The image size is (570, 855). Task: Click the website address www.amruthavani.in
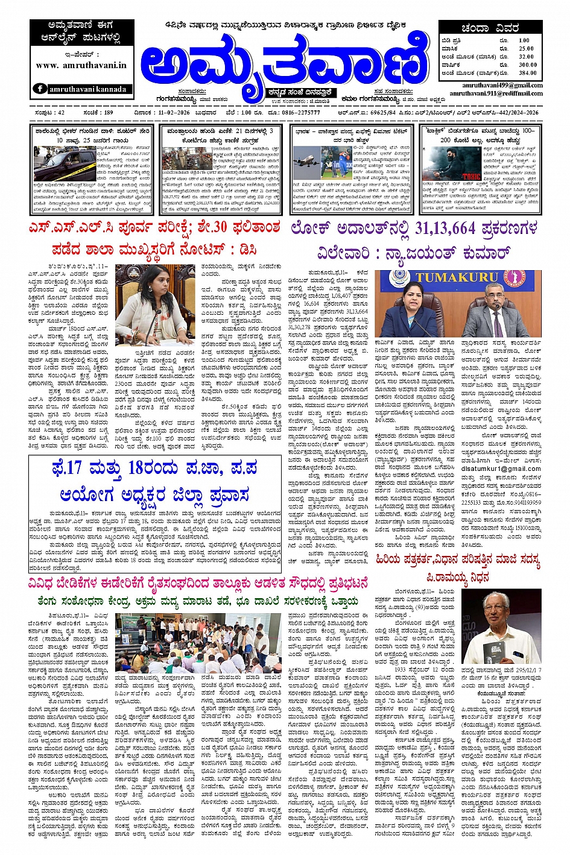pos(81,65)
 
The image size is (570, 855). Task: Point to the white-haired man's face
pos(507,610)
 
